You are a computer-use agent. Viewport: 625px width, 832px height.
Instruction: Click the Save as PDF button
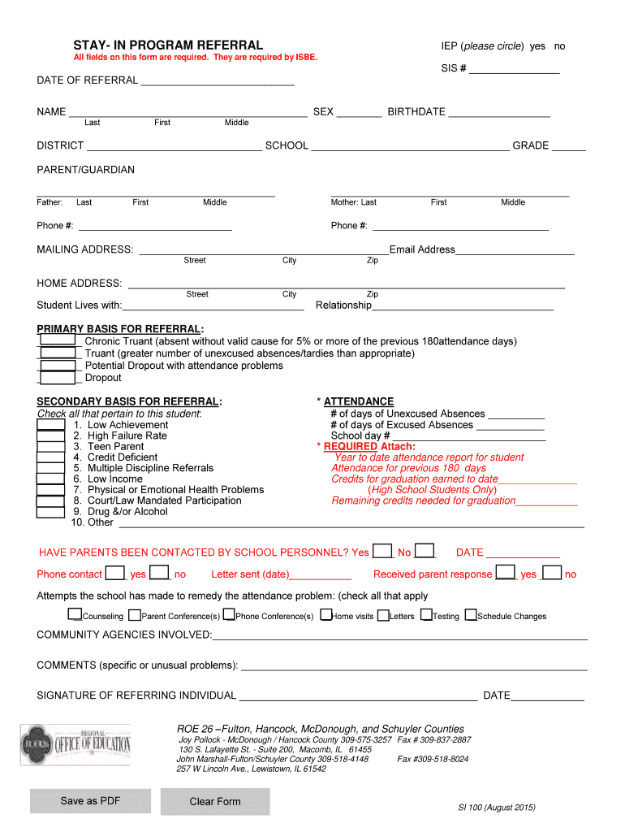[x=90, y=801]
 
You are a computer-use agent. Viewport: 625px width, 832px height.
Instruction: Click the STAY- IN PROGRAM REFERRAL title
[x=168, y=45]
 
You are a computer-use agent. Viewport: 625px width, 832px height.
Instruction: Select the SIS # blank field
[x=514, y=68]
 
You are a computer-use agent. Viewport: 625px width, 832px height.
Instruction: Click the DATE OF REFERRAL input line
[x=218, y=80]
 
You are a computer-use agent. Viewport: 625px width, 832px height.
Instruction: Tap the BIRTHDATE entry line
[x=499, y=112]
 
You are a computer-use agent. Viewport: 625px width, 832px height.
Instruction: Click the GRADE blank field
[x=568, y=146]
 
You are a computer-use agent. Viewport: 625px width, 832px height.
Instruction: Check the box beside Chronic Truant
[x=58, y=341]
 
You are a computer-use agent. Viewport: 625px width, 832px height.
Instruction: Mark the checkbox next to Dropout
[x=58, y=378]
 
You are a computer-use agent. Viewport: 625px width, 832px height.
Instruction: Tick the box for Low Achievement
[x=51, y=425]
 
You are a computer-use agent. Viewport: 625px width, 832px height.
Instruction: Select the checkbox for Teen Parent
[x=51, y=447]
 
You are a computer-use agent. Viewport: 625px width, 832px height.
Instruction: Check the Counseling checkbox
[x=75, y=615]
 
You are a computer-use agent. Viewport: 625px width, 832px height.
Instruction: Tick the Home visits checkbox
[x=326, y=615]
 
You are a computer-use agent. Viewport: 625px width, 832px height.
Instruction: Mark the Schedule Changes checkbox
[x=471, y=615]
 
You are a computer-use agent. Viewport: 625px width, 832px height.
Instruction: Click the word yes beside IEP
[x=537, y=46]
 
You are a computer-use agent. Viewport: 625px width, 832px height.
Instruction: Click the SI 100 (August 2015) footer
[x=496, y=808]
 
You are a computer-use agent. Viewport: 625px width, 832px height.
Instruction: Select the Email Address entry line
[x=515, y=250]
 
